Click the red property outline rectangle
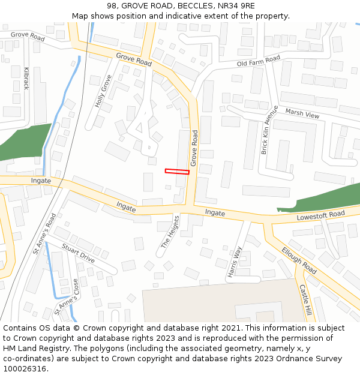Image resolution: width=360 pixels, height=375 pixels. (177, 172)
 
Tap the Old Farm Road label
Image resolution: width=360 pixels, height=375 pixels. (259, 61)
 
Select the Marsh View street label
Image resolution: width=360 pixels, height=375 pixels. (302, 113)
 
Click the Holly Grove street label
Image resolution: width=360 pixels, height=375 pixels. (103, 91)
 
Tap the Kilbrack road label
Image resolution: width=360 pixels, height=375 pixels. (26, 78)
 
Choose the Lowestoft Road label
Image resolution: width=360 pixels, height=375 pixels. (320, 215)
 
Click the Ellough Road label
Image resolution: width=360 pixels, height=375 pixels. (299, 261)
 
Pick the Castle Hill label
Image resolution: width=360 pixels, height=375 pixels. (305, 300)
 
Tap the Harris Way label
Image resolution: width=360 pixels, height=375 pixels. (234, 262)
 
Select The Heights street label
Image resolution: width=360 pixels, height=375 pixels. (170, 232)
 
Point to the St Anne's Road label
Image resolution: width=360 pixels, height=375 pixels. (44, 233)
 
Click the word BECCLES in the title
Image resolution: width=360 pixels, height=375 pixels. (184, 5)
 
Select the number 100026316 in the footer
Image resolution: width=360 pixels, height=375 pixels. (25, 369)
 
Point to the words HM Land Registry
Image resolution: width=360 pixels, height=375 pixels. (31, 349)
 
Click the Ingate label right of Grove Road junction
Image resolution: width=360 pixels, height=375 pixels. (215, 213)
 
